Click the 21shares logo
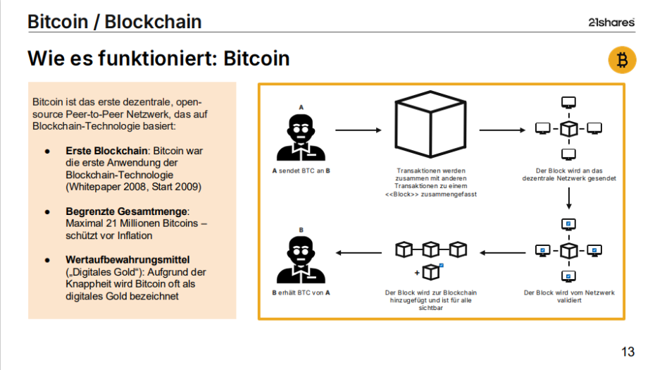tap(611, 22)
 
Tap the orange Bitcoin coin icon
tap(622, 61)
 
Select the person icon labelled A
tap(301, 138)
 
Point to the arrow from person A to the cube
tap(357, 130)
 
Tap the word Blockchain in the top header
tap(153, 21)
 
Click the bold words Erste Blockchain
tap(106, 151)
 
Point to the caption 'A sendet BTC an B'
tap(301, 171)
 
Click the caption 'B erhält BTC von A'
tap(301, 292)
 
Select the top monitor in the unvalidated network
tap(568, 103)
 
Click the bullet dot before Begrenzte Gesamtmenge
tap(47, 211)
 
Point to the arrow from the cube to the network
tap(502, 130)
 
